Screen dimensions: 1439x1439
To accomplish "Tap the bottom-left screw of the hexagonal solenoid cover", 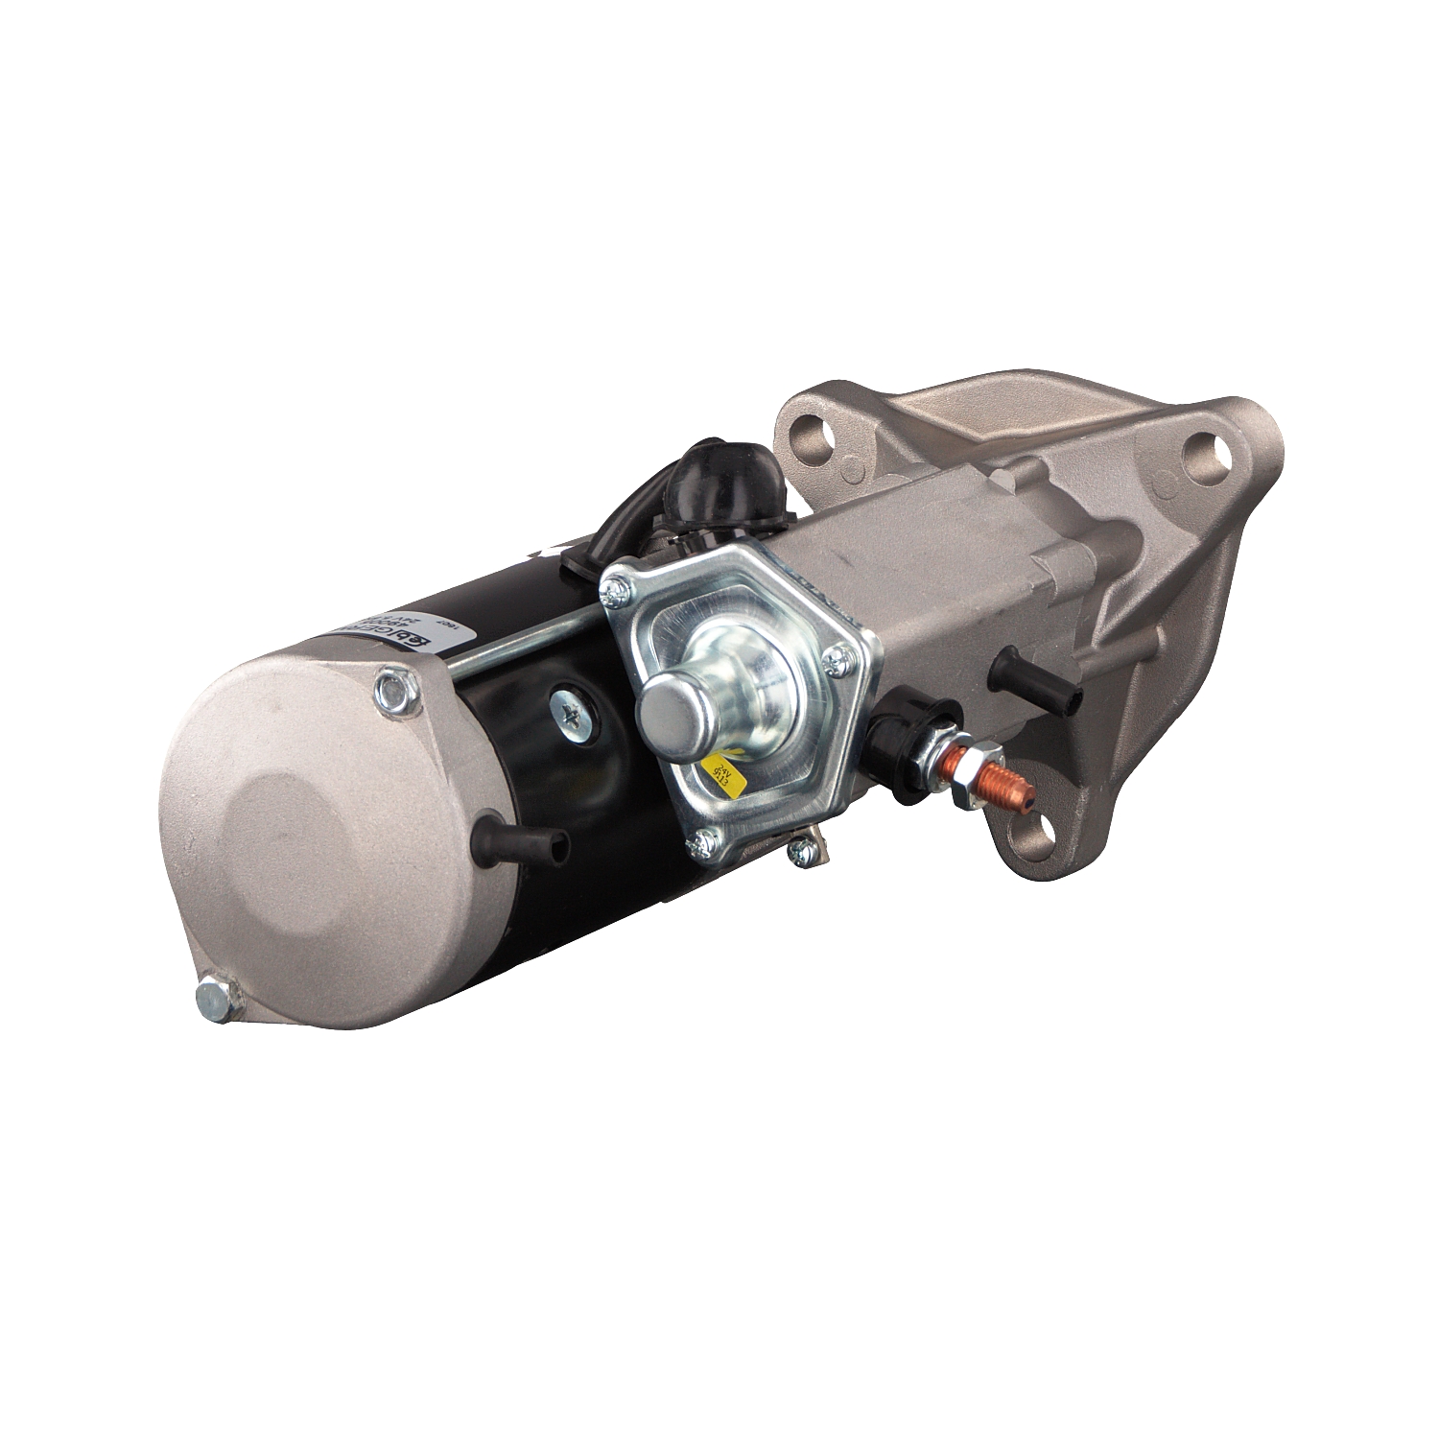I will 705,841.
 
